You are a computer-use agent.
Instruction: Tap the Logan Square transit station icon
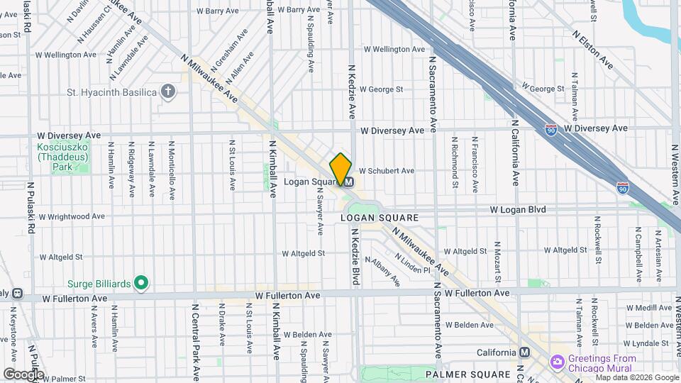coord(349,182)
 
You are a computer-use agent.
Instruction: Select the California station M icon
coord(524,353)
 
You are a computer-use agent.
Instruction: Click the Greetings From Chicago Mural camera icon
coord(558,362)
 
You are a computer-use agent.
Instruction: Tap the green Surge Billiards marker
coord(141,284)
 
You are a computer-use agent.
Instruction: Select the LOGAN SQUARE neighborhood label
coord(380,218)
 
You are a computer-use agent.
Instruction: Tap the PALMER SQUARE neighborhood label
coord(467,374)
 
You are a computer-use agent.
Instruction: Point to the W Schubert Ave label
coord(386,171)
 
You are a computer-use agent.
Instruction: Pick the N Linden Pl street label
coord(412,264)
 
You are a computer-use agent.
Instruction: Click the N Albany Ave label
coord(387,270)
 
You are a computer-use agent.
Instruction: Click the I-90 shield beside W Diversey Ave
coord(550,129)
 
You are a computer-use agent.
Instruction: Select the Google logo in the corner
coord(23,374)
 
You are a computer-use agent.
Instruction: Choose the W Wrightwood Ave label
coord(72,216)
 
